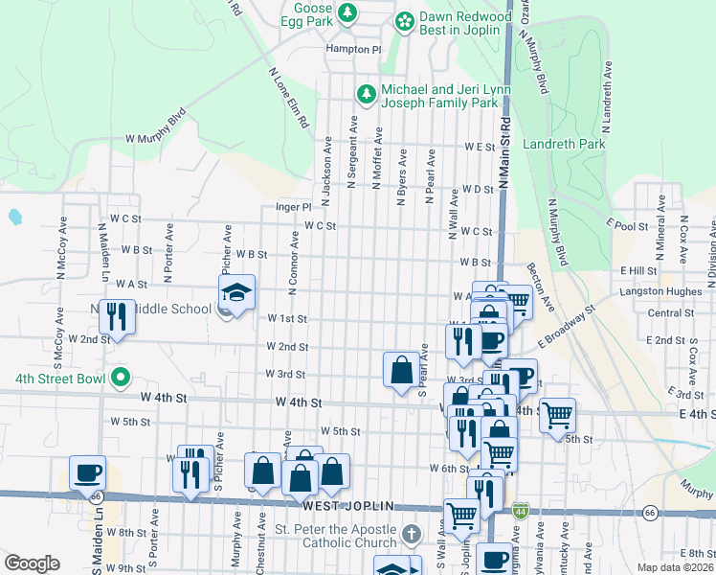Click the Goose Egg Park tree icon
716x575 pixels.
[x=349, y=12]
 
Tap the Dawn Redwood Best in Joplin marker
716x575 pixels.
[x=405, y=20]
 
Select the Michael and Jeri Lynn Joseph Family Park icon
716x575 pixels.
[x=365, y=94]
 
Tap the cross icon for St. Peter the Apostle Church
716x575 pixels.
[x=411, y=533]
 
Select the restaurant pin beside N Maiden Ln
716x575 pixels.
[x=117, y=316]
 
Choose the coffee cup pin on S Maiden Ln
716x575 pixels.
[x=88, y=472]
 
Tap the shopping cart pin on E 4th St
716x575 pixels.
[x=557, y=415]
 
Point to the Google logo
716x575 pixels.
[x=32, y=563]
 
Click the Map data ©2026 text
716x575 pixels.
[x=675, y=567]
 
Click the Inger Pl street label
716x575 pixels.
[x=294, y=206]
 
